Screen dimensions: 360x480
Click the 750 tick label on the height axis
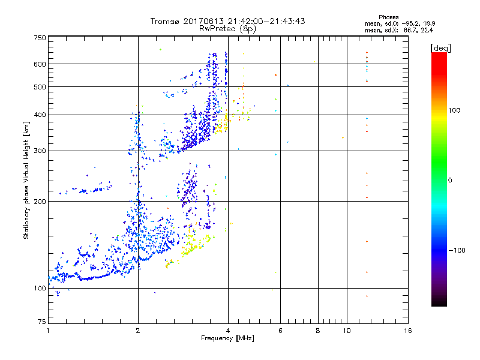pyautogui.click(x=40, y=38)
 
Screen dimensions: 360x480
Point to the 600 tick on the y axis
pyautogui.click(x=40, y=64)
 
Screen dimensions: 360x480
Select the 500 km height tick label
pyautogui.click(x=40, y=86)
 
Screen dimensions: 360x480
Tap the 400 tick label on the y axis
pyautogui.click(x=40, y=115)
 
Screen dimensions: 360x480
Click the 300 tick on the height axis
pyautogui.click(x=40, y=151)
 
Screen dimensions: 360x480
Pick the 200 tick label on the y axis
pyautogui.click(x=40, y=201)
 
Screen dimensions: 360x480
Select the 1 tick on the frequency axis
pyautogui.click(x=48, y=331)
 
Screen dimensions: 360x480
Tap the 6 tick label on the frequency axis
pyautogui.click(x=280, y=331)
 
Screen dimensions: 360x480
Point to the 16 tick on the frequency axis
pyautogui.click(x=408, y=331)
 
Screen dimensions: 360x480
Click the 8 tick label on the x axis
pyautogui.click(x=318, y=331)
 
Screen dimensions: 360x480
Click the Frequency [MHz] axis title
pyautogui.click(x=227, y=339)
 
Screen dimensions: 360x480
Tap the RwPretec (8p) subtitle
pyautogui.click(x=227, y=28)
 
